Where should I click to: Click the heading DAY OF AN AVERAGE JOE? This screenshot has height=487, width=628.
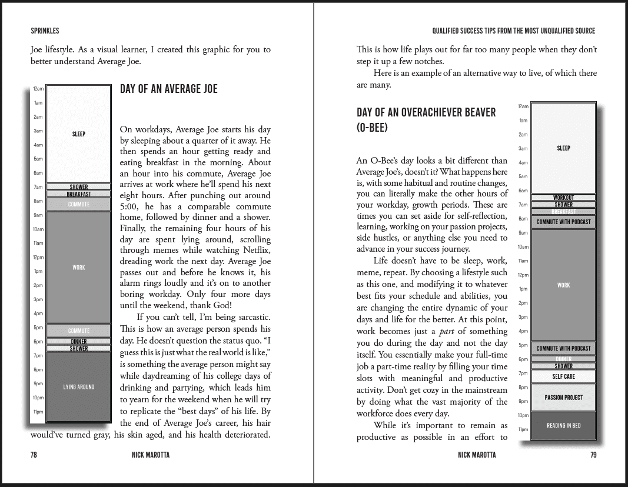click(x=168, y=89)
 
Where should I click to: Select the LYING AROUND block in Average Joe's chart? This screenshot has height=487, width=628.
click(x=79, y=386)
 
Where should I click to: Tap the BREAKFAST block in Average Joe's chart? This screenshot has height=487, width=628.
click(x=79, y=194)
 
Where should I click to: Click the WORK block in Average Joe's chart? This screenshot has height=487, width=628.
click(x=79, y=268)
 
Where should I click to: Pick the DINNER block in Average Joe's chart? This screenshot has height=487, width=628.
click(x=79, y=341)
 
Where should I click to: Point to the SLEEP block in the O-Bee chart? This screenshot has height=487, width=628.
click(x=563, y=148)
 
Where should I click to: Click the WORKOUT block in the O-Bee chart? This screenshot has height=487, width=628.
click(x=563, y=198)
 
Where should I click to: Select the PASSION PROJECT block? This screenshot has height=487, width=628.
click(x=563, y=398)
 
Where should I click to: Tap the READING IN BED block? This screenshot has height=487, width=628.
click(x=563, y=425)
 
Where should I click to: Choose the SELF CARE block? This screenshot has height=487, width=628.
click(x=563, y=376)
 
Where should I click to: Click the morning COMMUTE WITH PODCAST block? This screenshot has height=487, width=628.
click(x=563, y=222)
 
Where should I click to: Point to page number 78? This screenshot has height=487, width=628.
click(x=34, y=455)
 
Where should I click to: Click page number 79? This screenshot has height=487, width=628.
click(x=593, y=455)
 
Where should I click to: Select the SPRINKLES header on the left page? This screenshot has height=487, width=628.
click(x=45, y=31)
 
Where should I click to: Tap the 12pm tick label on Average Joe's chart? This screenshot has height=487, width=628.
click(x=38, y=257)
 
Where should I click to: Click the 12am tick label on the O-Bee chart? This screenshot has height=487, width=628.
click(x=523, y=106)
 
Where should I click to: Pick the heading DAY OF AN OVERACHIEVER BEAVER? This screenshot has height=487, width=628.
click(x=426, y=112)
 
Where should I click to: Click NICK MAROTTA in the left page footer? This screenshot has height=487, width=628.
click(x=151, y=455)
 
